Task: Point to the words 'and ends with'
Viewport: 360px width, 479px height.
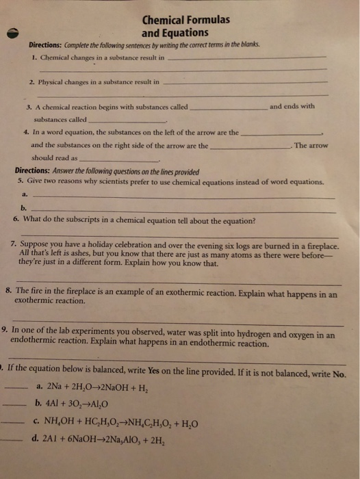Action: point(292,106)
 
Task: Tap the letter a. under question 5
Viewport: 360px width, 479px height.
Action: point(24,194)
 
